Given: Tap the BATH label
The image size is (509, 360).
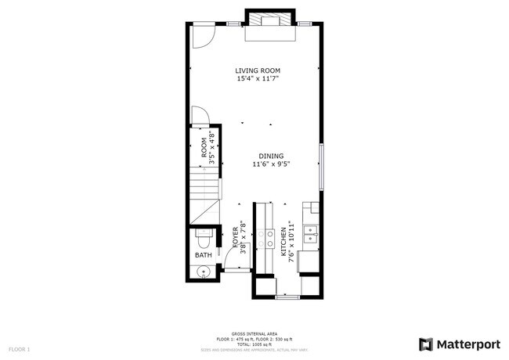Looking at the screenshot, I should tap(204, 255).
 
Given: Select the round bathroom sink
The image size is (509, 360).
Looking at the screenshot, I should tap(202, 272).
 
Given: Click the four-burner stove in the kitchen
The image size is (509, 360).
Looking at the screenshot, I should tap(271, 239).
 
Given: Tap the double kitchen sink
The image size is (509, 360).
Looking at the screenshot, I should tap(311, 232).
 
